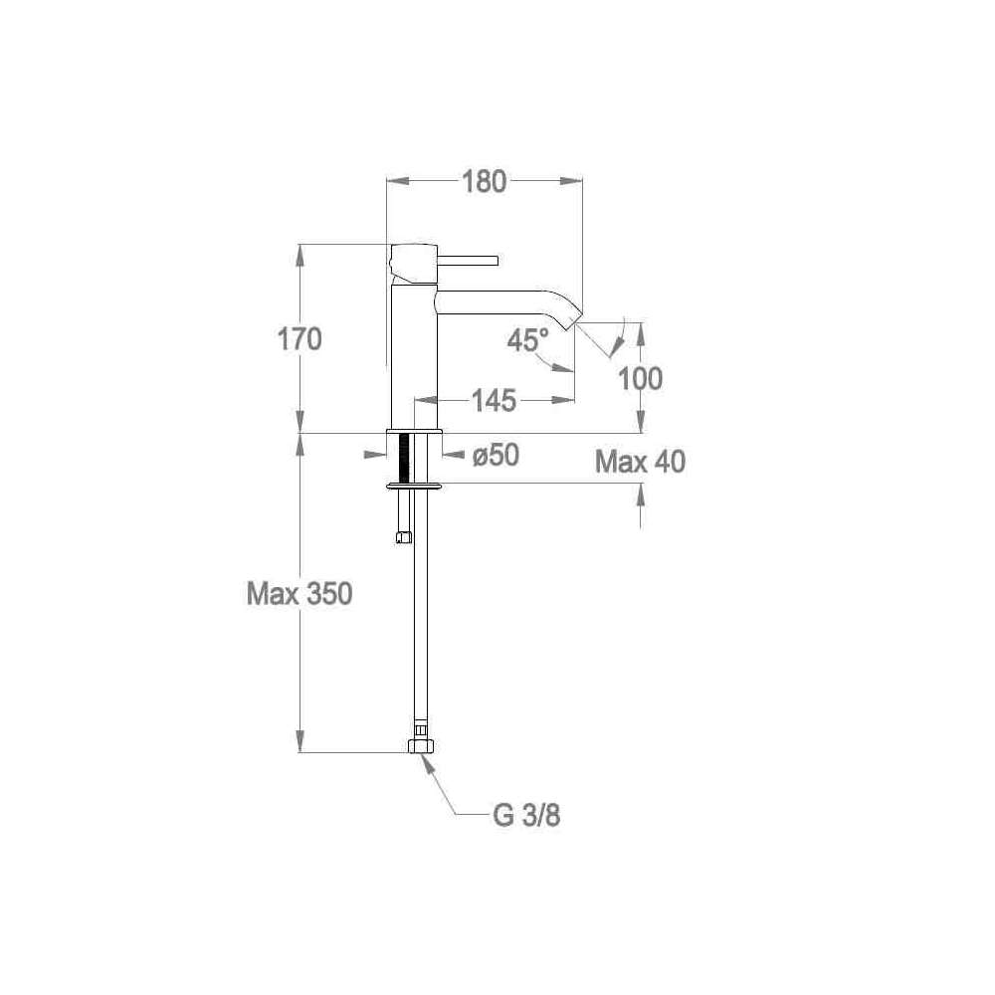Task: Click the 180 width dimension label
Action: (x=484, y=181)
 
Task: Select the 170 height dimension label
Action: (x=299, y=339)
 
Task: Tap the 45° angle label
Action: (x=527, y=340)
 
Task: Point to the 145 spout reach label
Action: (x=494, y=400)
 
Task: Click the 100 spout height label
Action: (x=640, y=379)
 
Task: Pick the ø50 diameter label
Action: (x=496, y=455)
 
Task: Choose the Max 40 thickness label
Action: (x=640, y=462)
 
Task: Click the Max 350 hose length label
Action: (x=299, y=594)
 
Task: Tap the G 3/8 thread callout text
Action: (x=526, y=816)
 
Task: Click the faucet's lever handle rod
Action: (x=469, y=260)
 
